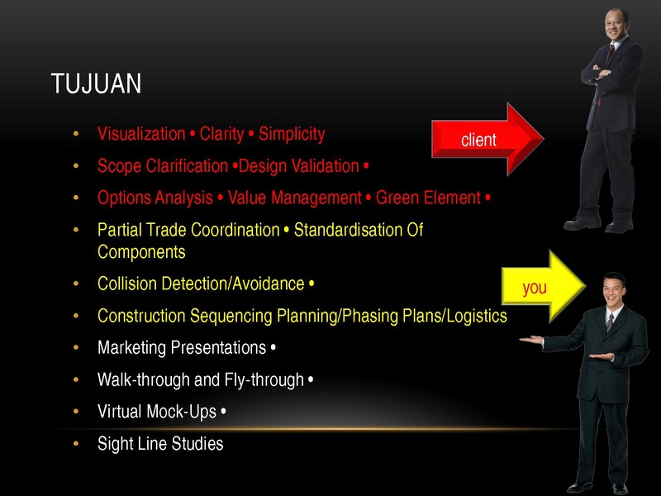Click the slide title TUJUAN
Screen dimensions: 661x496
pyautogui.click(x=96, y=83)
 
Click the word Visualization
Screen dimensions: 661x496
pyautogui.click(x=141, y=134)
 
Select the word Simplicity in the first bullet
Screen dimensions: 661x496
pyautogui.click(x=292, y=135)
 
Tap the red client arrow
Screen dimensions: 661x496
pyautogui.click(x=487, y=139)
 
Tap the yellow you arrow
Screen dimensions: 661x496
pyautogui.click(x=544, y=286)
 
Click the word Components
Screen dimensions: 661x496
pyautogui.click(x=141, y=253)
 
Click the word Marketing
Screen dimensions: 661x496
pyautogui.click(x=131, y=348)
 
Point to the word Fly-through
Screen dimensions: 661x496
pyautogui.click(x=264, y=380)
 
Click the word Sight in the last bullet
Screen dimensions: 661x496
pyautogui.click(x=112, y=444)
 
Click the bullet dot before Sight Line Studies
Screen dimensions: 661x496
pyautogui.click(x=76, y=444)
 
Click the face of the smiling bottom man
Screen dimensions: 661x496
pyautogui.click(x=612, y=291)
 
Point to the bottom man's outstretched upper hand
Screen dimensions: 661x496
pyautogui.click(x=531, y=340)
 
